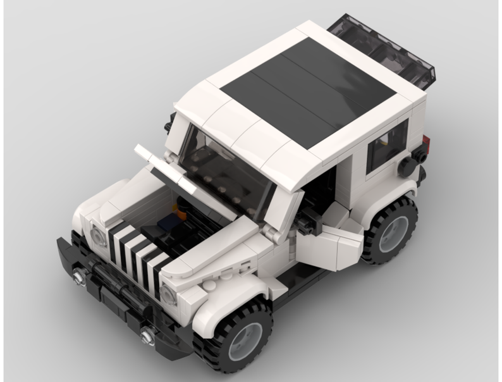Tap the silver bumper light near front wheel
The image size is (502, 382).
(x=148, y=334)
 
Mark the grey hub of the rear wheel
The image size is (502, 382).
(x=394, y=234)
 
